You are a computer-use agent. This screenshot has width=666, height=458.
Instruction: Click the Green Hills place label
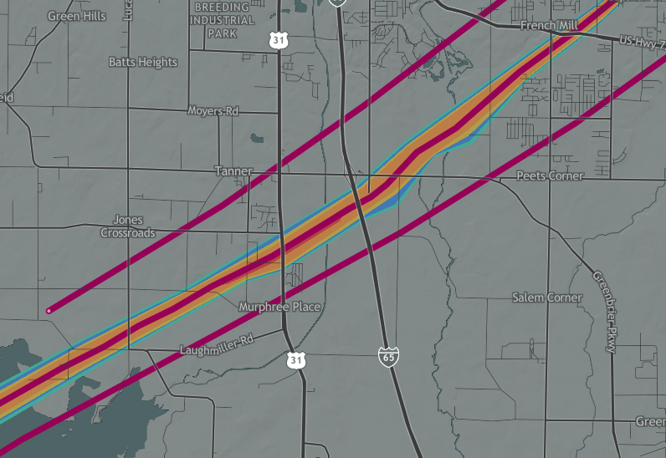coord(77,16)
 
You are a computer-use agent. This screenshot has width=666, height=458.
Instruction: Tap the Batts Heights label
coord(143,62)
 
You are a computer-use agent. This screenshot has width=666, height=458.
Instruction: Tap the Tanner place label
coord(233,171)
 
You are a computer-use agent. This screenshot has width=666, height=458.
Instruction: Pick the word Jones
coord(128,221)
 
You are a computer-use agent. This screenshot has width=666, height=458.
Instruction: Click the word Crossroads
coord(128,233)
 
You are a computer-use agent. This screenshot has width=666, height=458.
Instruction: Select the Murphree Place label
coord(279,308)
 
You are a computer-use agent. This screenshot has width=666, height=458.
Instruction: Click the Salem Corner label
coord(546,298)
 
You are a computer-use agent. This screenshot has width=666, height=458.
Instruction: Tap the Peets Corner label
coord(550,176)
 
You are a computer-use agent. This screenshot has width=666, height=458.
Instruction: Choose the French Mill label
coord(549,26)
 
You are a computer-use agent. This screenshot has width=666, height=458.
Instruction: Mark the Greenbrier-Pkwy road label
coord(604,311)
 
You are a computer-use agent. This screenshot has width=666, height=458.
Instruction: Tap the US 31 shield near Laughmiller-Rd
coord(295,359)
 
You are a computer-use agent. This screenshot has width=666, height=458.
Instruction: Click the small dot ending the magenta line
coord(49,311)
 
